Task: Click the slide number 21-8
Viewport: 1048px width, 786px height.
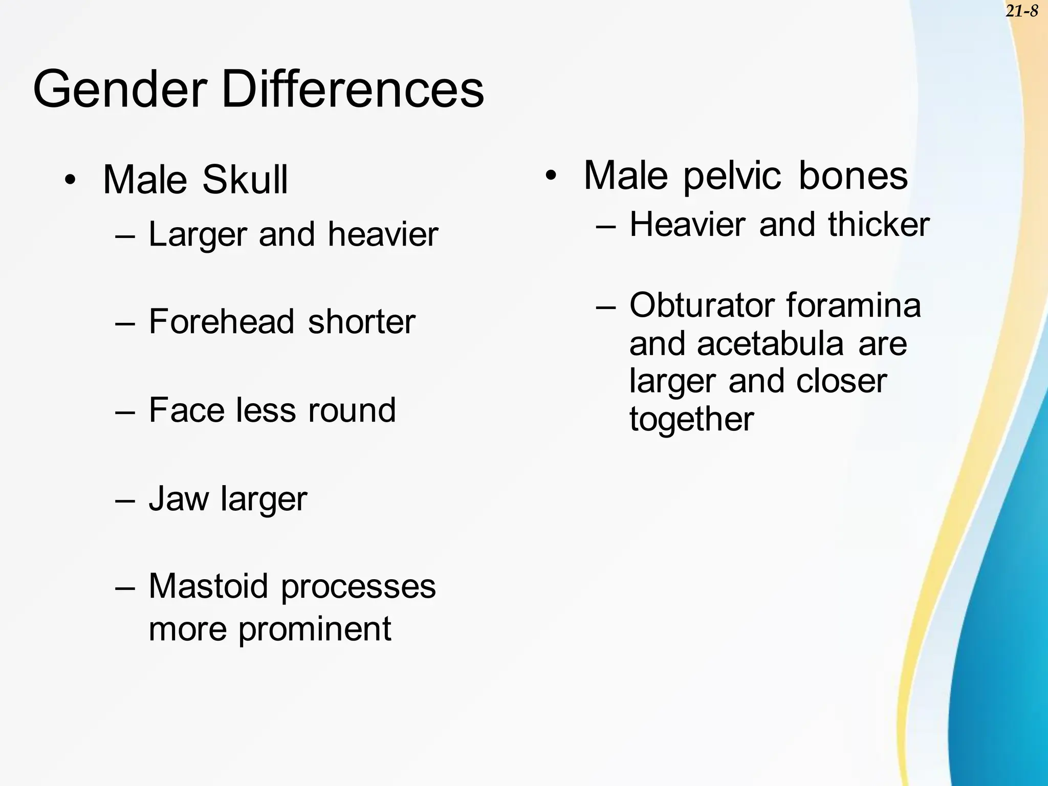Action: pyautogui.click(x=1021, y=11)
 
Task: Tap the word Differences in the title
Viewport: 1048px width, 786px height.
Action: pyautogui.click(x=353, y=90)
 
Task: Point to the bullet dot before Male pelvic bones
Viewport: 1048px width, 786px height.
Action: pyautogui.click(x=551, y=176)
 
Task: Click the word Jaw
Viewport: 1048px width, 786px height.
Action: pyautogui.click(x=179, y=498)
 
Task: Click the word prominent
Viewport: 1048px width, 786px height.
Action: pyautogui.click(x=315, y=629)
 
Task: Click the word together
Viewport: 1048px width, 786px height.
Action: pyautogui.click(x=691, y=420)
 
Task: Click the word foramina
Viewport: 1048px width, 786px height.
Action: pyautogui.click(x=854, y=305)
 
